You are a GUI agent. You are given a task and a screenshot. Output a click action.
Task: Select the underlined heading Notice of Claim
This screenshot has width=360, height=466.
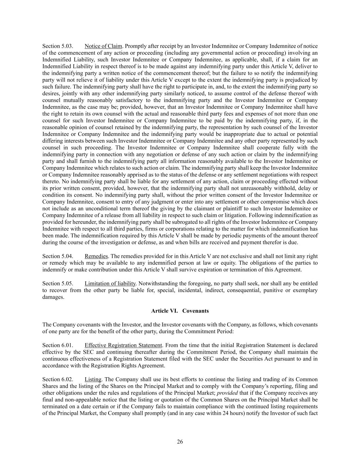(103, 46)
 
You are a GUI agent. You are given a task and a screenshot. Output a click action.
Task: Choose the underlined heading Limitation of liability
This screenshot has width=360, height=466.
(110, 283)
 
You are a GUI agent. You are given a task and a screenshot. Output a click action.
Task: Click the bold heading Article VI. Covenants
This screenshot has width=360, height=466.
(180, 311)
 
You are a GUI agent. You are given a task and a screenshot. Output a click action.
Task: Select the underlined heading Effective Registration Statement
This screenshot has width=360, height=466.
(123, 345)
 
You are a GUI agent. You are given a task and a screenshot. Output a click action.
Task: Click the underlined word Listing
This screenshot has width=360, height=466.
(93, 379)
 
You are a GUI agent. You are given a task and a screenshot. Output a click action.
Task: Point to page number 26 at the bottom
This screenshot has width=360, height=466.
(180, 442)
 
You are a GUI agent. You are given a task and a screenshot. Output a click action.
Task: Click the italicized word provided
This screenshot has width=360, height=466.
(227, 393)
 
